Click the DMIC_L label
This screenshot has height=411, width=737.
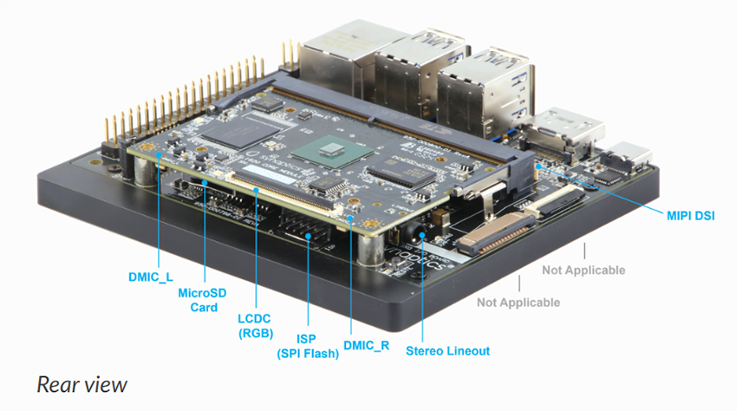(145, 277)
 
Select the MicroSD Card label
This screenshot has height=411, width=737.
(202, 300)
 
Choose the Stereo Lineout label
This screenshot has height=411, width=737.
(447, 351)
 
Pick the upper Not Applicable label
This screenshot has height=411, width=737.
(584, 271)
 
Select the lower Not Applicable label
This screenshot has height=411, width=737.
(518, 303)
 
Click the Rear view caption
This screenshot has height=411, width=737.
(82, 383)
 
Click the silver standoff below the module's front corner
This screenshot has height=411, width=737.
(369, 251)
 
